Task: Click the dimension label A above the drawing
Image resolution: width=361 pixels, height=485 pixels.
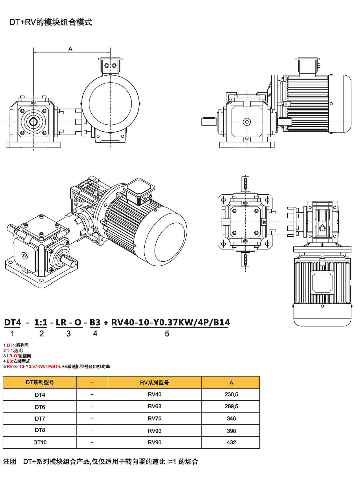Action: click(x=70, y=49)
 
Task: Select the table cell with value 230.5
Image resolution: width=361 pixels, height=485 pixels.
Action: click(x=231, y=394)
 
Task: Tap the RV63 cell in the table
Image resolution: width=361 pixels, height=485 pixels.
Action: click(x=155, y=406)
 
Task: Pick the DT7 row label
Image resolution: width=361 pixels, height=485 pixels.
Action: click(x=40, y=419)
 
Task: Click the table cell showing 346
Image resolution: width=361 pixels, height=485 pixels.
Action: click(x=231, y=419)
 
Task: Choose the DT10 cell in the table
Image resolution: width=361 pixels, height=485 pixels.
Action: click(x=40, y=442)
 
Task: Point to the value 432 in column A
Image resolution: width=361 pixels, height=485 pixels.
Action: click(x=231, y=442)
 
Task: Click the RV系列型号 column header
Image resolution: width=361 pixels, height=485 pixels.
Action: click(x=155, y=383)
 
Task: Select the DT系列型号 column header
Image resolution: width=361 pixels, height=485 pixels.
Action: click(x=40, y=383)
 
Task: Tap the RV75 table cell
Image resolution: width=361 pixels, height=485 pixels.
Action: click(x=155, y=419)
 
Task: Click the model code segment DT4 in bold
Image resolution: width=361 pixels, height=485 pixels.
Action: click(x=13, y=322)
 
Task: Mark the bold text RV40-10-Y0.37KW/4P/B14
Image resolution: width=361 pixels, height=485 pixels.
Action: click(x=171, y=322)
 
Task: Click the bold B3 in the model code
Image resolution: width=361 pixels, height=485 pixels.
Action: click(x=95, y=322)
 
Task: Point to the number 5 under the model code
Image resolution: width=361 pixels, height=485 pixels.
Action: click(x=167, y=334)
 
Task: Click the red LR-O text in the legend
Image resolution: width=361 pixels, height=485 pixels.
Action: click(x=12, y=356)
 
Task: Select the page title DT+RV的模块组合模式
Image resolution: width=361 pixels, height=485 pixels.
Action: click(x=51, y=22)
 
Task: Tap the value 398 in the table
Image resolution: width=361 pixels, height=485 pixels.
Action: click(x=231, y=431)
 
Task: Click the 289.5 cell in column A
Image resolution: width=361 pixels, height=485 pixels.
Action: click(x=231, y=406)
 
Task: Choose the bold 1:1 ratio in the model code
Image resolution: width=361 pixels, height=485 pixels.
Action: click(x=41, y=322)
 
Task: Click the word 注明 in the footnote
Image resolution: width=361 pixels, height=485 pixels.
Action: click(x=10, y=462)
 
